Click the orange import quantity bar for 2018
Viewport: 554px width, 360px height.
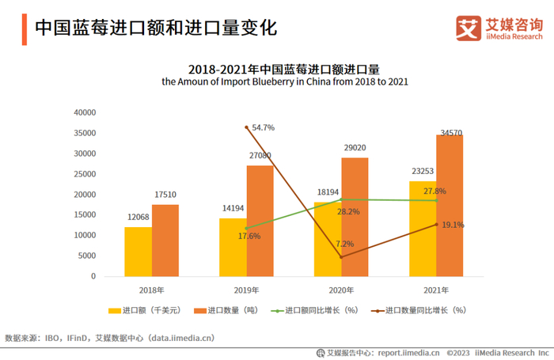[x=165, y=241]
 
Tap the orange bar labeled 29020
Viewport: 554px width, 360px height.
[x=355, y=218]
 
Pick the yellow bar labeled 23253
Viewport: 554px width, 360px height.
[x=422, y=229]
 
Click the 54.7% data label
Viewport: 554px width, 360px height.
[x=264, y=127]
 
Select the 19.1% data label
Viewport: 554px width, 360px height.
[x=452, y=225]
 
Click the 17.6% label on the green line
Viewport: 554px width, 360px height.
[x=250, y=236]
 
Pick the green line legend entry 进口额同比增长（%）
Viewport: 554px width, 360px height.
[x=320, y=311]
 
